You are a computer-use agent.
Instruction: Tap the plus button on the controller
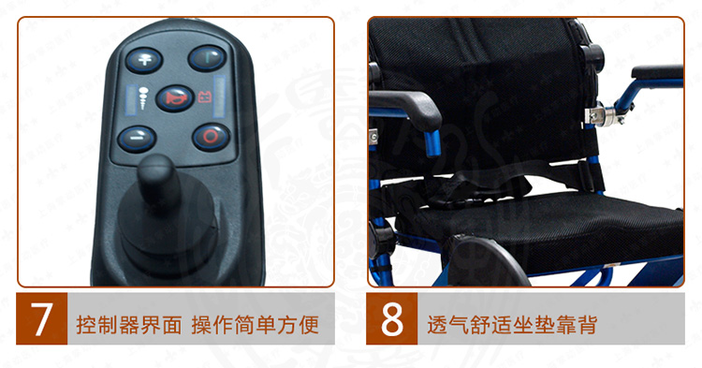pyautogui.click(x=144, y=61)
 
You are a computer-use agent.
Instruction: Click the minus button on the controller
pyautogui.click(x=137, y=139)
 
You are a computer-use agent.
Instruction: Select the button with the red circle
pyautogui.click(x=211, y=137)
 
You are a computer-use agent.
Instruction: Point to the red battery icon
pyautogui.click(x=205, y=97)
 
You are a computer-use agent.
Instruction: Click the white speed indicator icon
pyautogui.click(x=143, y=98)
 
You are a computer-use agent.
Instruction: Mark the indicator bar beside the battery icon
pyautogui.click(x=219, y=96)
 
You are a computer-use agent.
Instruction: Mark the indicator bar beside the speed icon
pyautogui.click(x=132, y=99)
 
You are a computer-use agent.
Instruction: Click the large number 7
pyautogui.click(x=41, y=318)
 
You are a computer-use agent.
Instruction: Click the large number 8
pyautogui.click(x=392, y=318)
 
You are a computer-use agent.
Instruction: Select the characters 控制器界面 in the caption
pyautogui.click(x=129, y=325)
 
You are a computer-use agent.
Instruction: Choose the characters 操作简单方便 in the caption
pyautogui.click(x=256, y=325)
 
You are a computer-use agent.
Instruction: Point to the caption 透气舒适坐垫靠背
pyautogui.click(x=512, y=325)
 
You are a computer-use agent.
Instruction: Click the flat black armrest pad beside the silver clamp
pyautogui.click(x=657, y=71)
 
